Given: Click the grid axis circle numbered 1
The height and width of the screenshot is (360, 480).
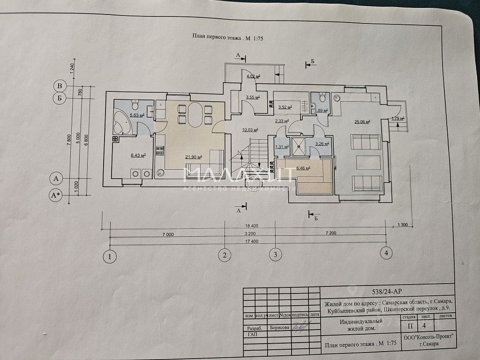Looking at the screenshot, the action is point(110,256).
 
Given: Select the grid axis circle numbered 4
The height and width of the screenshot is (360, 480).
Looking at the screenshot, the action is point(386,253).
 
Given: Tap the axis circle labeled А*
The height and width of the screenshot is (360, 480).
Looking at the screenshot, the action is point(57,195).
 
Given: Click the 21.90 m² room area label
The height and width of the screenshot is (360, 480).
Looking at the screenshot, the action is point(194,157).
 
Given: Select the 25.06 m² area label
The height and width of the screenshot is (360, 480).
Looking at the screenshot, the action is point(362,122).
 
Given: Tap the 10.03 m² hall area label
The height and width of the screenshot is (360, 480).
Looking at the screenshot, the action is point(249,130).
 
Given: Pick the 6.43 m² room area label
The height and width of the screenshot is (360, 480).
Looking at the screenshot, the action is point(137,155).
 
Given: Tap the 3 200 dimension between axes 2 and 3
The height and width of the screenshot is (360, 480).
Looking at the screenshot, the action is point(249,233).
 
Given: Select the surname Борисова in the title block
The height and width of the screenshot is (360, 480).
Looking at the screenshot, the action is point(280,328).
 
